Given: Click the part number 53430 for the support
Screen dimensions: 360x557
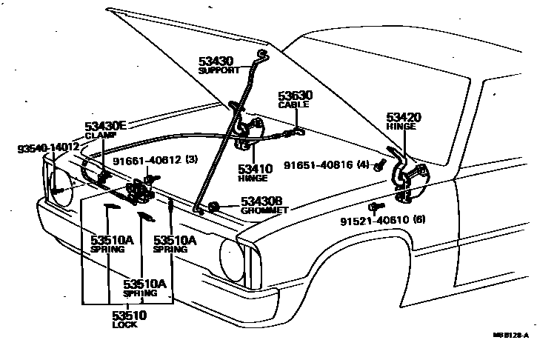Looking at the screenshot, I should click(x=215, y=61).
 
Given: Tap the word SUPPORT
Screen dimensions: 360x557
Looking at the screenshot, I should click(x=219, y=70).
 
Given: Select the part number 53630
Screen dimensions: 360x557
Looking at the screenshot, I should click(x=295, y=96).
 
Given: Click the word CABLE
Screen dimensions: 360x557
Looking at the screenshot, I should click(x=293, y=105).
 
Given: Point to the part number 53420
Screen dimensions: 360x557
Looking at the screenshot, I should click(x=403, y=117).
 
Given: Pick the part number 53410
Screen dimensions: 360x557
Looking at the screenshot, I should click(x=253, y=169).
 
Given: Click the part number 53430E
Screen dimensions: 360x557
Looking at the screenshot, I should click(x=106, y=127).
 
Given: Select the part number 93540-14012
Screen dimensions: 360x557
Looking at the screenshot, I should click(x=48, y=148).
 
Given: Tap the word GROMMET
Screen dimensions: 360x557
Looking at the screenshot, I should click(x=264, y=210).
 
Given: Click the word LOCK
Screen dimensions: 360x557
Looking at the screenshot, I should click(x=124, y=325).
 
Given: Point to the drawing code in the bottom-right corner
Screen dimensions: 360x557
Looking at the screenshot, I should click(x=511, y=336).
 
